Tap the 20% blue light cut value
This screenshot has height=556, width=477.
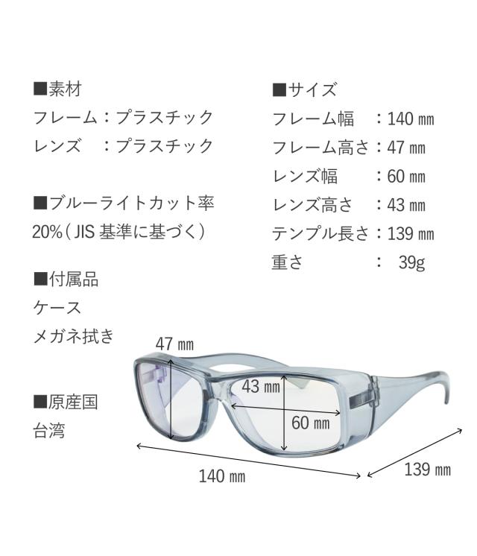pos(47,231)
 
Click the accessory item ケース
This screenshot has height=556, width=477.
pos(57,307)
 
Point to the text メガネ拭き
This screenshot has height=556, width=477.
pos(74,336)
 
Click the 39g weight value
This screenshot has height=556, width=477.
pos(411,262)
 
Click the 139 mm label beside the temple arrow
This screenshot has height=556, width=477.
pos(427,470)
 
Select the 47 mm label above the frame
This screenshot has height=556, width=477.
pos(174,344)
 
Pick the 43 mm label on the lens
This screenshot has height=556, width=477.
pos(261,386)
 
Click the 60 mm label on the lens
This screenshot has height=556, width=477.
pos(310,423)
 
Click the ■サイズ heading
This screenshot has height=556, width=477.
pos(305,90)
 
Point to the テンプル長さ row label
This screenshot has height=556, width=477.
pos(320,234)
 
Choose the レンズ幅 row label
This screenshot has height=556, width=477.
pos(305,176)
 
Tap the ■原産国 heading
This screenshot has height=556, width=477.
pos(66,402)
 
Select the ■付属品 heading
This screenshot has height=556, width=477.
pos(66,279)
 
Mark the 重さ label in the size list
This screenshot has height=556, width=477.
pos(287,262)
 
